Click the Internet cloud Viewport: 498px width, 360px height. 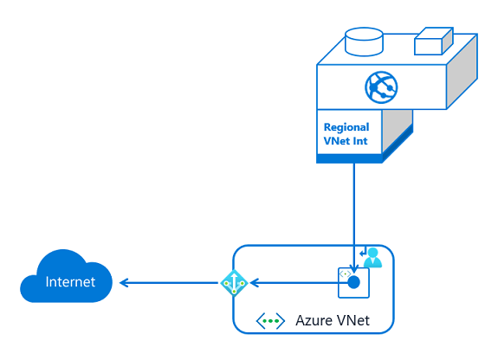tap(68, 277)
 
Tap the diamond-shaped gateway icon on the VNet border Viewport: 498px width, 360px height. tap(234, 283)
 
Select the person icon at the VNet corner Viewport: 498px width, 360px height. tap(373, 257)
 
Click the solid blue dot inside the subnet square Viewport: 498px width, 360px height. tap(353, 282)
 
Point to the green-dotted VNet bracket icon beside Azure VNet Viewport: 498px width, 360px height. tap(270, 321)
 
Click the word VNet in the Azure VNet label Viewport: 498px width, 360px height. tap(352, 321)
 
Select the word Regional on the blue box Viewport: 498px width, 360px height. tap(346, 127)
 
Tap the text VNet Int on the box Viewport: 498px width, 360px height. tap(346, 143)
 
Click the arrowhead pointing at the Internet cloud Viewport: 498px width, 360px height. tap(124, 283)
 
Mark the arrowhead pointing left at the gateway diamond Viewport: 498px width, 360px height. tap(253, 283)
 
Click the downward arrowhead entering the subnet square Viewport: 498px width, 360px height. tap(353, 267)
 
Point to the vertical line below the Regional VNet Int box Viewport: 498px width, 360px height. tap(353, 208)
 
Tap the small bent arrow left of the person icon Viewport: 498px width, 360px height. tap(362, 252)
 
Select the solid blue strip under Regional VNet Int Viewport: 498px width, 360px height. tap(349, 159)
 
